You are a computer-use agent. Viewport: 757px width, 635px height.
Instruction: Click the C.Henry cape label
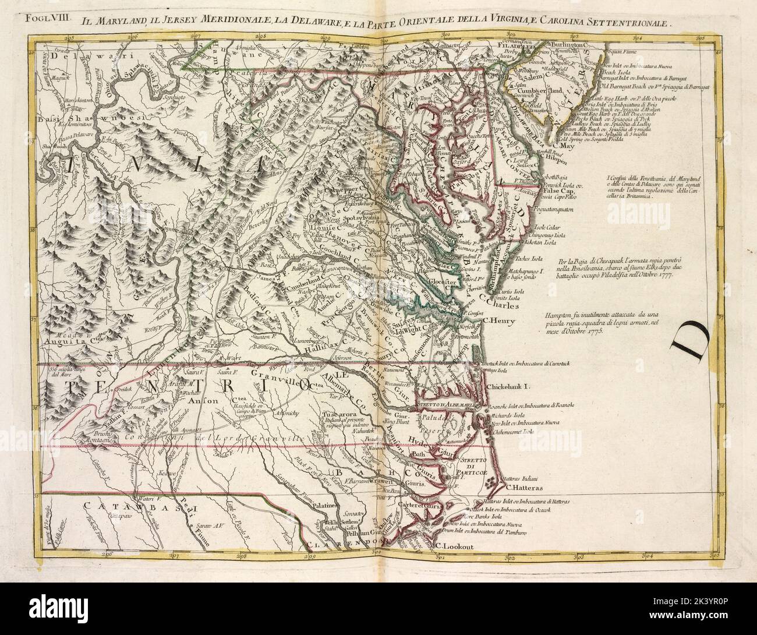[500, 319]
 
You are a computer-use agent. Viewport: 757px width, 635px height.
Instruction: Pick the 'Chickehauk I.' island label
[511, 386]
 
